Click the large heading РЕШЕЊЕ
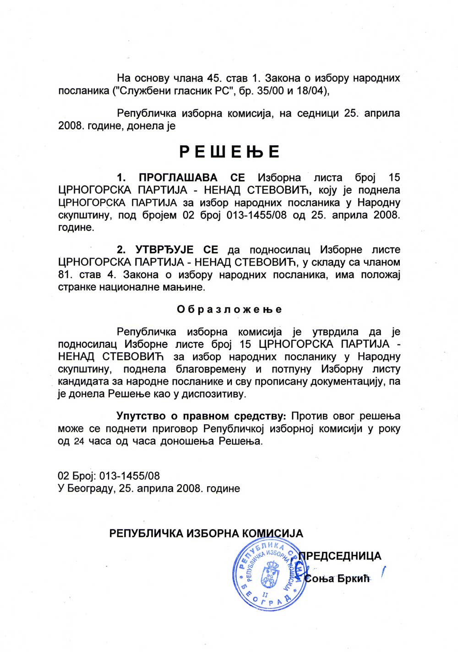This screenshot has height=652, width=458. tap(229, 152)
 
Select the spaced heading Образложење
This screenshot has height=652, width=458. tap(229, 309)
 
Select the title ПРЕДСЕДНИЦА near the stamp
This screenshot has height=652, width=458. tap(340, 556)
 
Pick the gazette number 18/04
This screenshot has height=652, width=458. tap(312, 91)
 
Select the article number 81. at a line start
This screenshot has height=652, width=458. tap(66, 275)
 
